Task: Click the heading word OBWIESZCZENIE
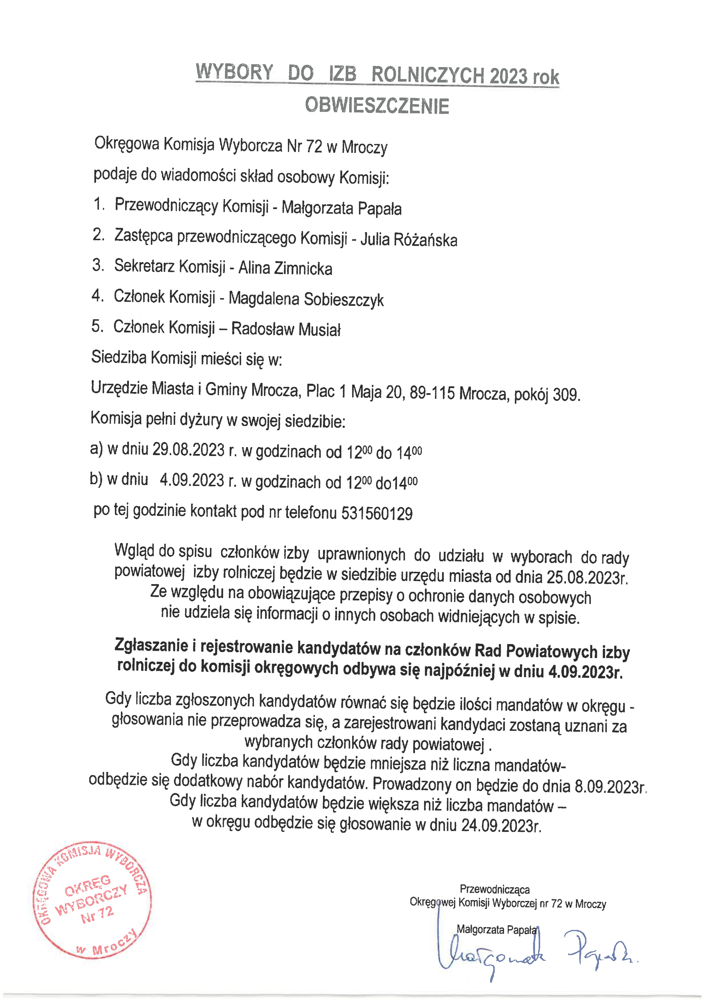[x=377, y=106]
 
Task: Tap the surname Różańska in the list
[x=425, y=240]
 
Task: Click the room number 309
[x=566, y=395]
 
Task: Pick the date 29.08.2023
[x=188, y=449]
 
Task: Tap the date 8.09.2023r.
[x=610, y=786]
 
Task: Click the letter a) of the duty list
[x=96, y=449]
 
